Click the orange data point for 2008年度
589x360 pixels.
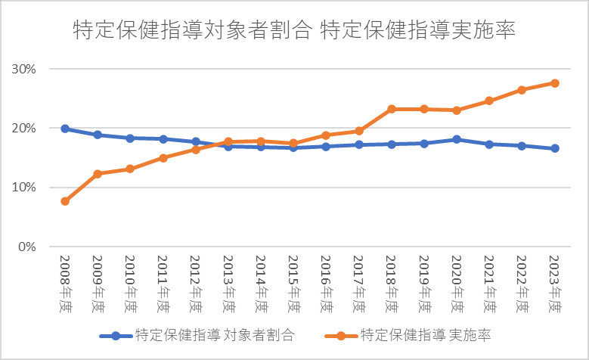coord(65,201)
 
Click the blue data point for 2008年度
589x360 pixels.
coord(65,129)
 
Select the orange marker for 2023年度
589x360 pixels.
coord(555,83)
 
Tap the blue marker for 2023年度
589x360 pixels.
coord(555,148)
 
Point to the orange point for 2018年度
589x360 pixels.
coord(392,109)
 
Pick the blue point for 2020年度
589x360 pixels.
coord(457,139)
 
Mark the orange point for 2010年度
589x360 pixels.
coord(130,169)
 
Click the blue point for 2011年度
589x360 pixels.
coord(163,139)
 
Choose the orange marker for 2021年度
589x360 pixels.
coord(489,101)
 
